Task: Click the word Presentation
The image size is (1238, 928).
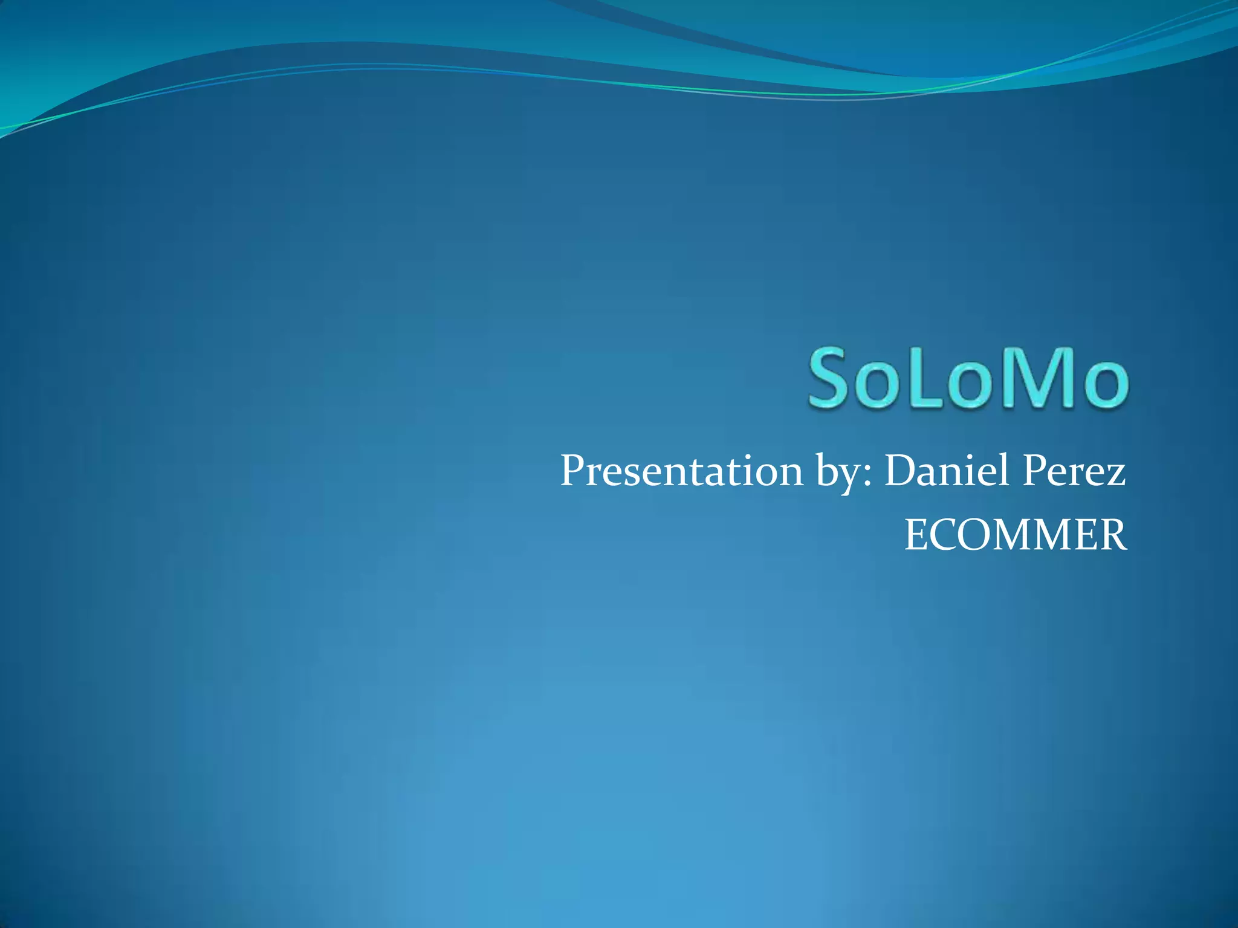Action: [x=681, y=471]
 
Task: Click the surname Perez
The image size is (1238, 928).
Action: [x=1074, y=471]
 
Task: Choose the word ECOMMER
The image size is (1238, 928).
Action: [x=1015, y=535]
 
